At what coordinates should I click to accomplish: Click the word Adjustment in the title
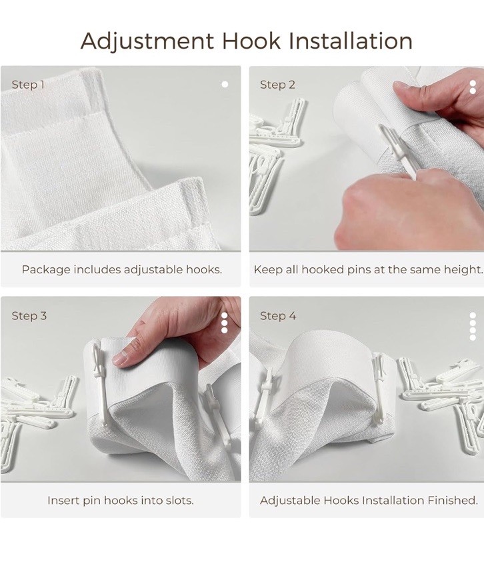click(147, 41)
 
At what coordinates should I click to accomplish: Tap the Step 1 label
click(28, 85)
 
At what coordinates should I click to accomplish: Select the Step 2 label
click(277, 85)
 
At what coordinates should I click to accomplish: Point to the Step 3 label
click(29, 316)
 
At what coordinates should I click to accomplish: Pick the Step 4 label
click(277, 316)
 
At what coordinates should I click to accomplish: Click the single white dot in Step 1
click(225, 85)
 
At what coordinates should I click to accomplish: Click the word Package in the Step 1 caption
click(46, 270)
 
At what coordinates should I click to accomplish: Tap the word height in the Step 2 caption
click(463, 270)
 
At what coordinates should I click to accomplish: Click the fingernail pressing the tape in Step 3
click(120, 358)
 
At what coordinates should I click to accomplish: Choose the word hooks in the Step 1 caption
click(204, 270)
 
